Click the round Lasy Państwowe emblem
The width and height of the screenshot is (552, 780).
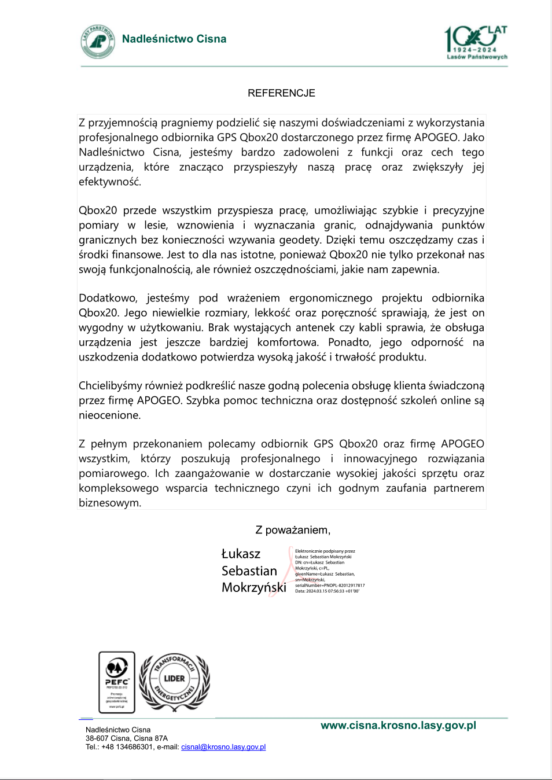(x=98, y=41)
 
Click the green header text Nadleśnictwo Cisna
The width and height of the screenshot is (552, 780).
(x=174, y=39)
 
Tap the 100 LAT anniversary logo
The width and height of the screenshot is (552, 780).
(x=476, y=42)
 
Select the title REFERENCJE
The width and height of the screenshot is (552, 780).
(x=281, y=93)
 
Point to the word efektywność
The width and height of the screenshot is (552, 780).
(x=109, y=182)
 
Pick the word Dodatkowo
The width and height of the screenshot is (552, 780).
(x=108, y=299)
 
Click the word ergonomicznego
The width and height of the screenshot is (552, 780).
(x=330, y=299)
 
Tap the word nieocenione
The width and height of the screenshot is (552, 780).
(x=109, y=415)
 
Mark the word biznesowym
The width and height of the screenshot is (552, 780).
(x=110, y=503)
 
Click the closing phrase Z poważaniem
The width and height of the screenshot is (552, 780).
(x=293, y=530)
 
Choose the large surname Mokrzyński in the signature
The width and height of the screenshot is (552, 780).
(x=253, y=588)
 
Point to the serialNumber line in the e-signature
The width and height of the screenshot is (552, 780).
(x=330, y=586)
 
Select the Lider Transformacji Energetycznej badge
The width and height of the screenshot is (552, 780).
(x=174, y=682)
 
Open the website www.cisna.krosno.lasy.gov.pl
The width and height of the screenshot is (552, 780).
(x=398, y=726)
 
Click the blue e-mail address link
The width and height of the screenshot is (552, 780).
(x=223, y=747)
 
